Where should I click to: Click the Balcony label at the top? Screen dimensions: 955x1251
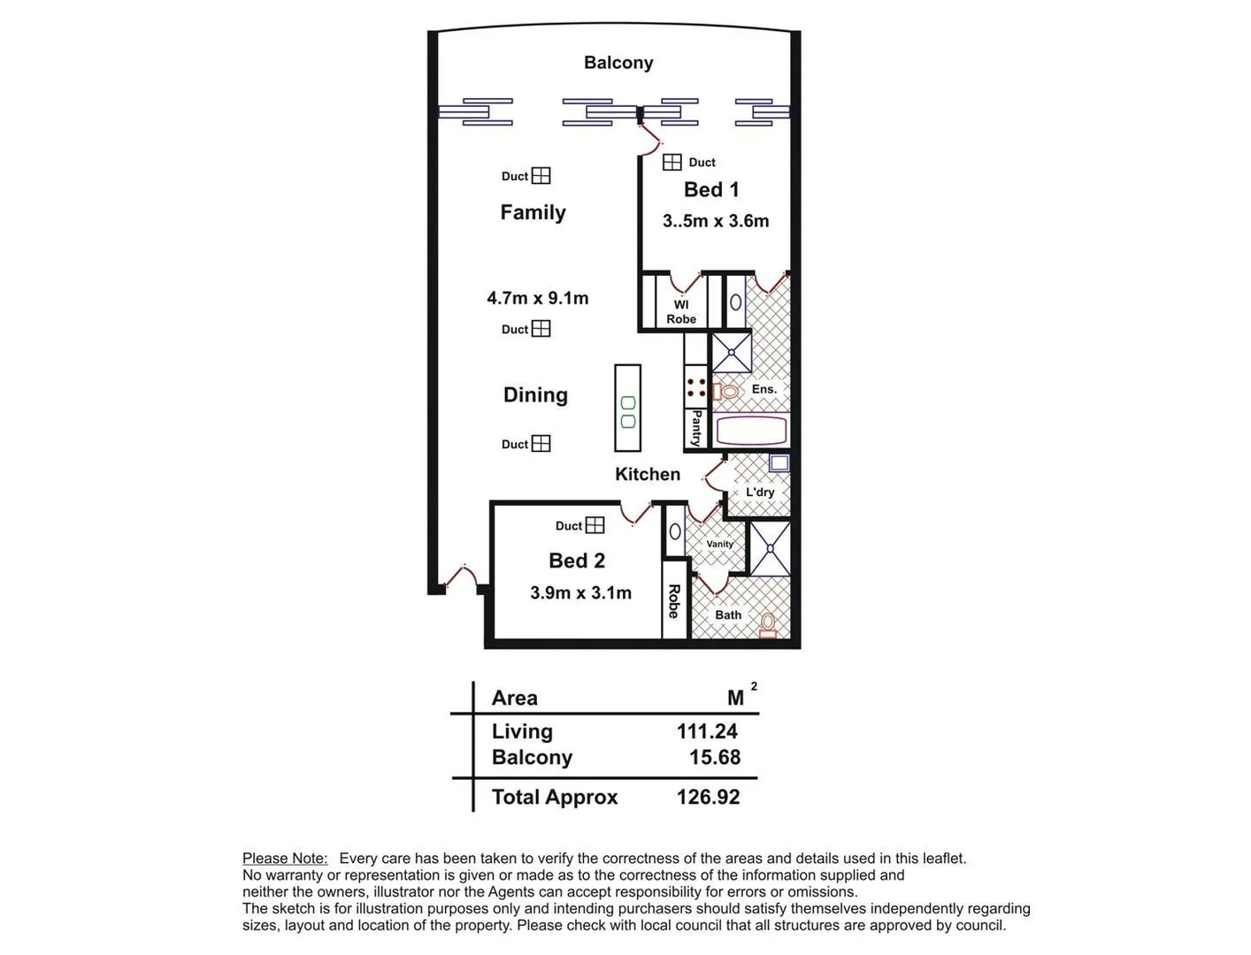click(x=618, y=63)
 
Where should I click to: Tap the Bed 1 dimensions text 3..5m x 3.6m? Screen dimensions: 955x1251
click(x=715, y=221)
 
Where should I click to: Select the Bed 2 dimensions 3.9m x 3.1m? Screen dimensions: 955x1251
click(x=580, y=593)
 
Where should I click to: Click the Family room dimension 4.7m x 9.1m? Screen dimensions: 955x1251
click(x=537, y=298)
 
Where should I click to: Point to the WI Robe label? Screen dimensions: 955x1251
click(x=681, y=312)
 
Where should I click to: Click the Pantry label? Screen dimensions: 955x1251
click(x=696, y=428)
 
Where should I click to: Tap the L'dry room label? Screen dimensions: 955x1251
click(x=759, y=493)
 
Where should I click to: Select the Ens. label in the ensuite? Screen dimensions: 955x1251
click(x=764, y=389)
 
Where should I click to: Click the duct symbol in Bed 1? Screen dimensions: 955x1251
click(x=672, y=162)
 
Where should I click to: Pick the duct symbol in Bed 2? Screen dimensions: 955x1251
click(x=595, y=525)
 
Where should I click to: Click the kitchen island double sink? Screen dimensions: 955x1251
click(x=628, y=412)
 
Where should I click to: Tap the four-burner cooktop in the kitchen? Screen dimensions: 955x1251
click(x=696, y=387)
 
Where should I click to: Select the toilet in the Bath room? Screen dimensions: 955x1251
click(x=767, y=624)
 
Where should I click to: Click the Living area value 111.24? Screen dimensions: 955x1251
click(x=707, y=731)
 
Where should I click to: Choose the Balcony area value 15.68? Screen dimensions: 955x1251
click(x=715, y=757)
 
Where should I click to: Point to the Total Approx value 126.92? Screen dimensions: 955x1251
click(x=708, y=797)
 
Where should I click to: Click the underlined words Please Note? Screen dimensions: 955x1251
click(x=285, y=858)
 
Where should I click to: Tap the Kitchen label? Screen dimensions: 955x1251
click(x=648, y=474)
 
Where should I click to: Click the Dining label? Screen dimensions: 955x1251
click(x=535, y=395)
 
